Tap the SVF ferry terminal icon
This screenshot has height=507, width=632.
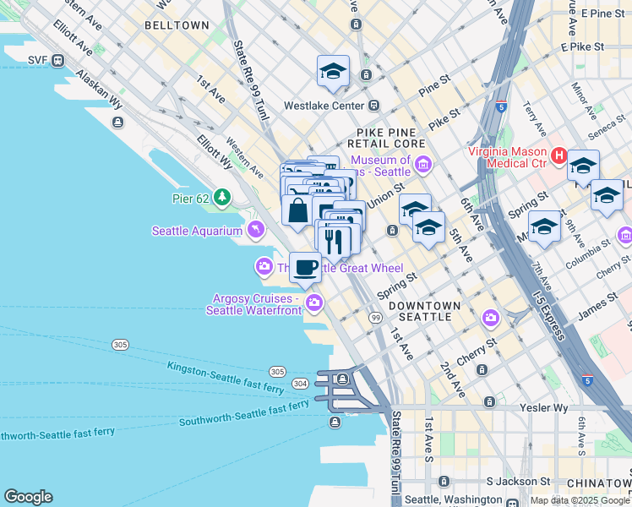click(58, 60)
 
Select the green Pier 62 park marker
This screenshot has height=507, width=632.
click(222, 197)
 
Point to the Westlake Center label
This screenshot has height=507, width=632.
click(324, 106)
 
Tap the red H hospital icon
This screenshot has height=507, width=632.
click(558, 155)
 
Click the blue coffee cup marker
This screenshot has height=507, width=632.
click(305, 267)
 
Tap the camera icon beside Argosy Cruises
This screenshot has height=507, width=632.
click(314, 302)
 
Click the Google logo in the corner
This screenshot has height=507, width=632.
click(28, 497)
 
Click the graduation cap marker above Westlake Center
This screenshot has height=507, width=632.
click(333, 72)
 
